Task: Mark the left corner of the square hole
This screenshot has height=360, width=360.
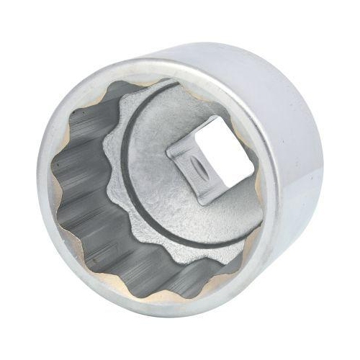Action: (x=167, y=150)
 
